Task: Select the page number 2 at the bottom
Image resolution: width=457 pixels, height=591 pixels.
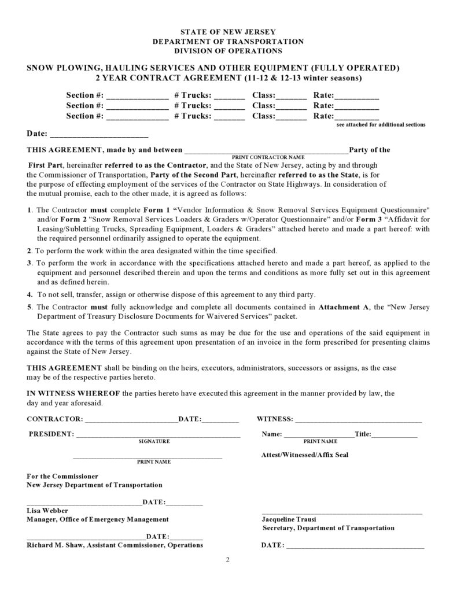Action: pos(228,560)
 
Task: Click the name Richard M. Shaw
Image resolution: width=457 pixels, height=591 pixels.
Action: pos(55,545)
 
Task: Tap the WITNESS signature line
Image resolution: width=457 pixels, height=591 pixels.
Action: pos(359,420)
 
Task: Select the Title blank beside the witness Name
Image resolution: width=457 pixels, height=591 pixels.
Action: pos(394,434)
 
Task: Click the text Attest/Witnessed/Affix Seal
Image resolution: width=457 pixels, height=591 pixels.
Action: pos(305,455)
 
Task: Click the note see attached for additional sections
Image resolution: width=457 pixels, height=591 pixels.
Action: pos(381,124)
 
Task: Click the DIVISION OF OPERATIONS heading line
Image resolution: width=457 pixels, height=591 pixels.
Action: pos(228,51)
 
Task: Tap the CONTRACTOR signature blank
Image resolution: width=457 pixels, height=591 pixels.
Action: pos(131,420)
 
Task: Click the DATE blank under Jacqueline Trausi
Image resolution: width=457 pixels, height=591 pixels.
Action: pos(355,546)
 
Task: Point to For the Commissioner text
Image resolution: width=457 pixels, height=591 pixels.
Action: pos(62,476)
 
